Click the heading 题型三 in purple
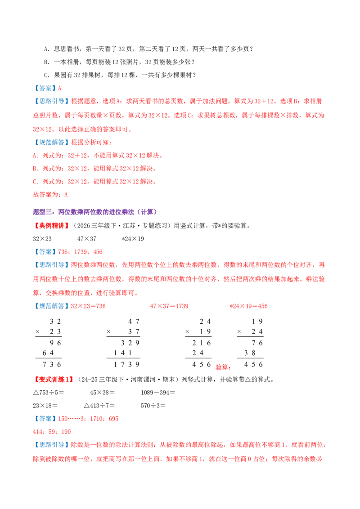(95, 212)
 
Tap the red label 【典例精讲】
(52, 226)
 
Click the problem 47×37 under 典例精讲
(87, 239)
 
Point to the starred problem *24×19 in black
(133, 239)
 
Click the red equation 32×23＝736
(88, 306)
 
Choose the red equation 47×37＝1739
(169, 306)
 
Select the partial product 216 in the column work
(202, 343)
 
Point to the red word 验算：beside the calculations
(223, 367)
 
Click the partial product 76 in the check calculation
(257, 343)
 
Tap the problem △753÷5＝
(49, 393)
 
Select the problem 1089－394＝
(158, 393)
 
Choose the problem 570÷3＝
(153, 406)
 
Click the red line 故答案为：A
(50, 194)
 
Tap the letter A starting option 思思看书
(46, 49)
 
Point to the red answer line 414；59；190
(52, 432)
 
